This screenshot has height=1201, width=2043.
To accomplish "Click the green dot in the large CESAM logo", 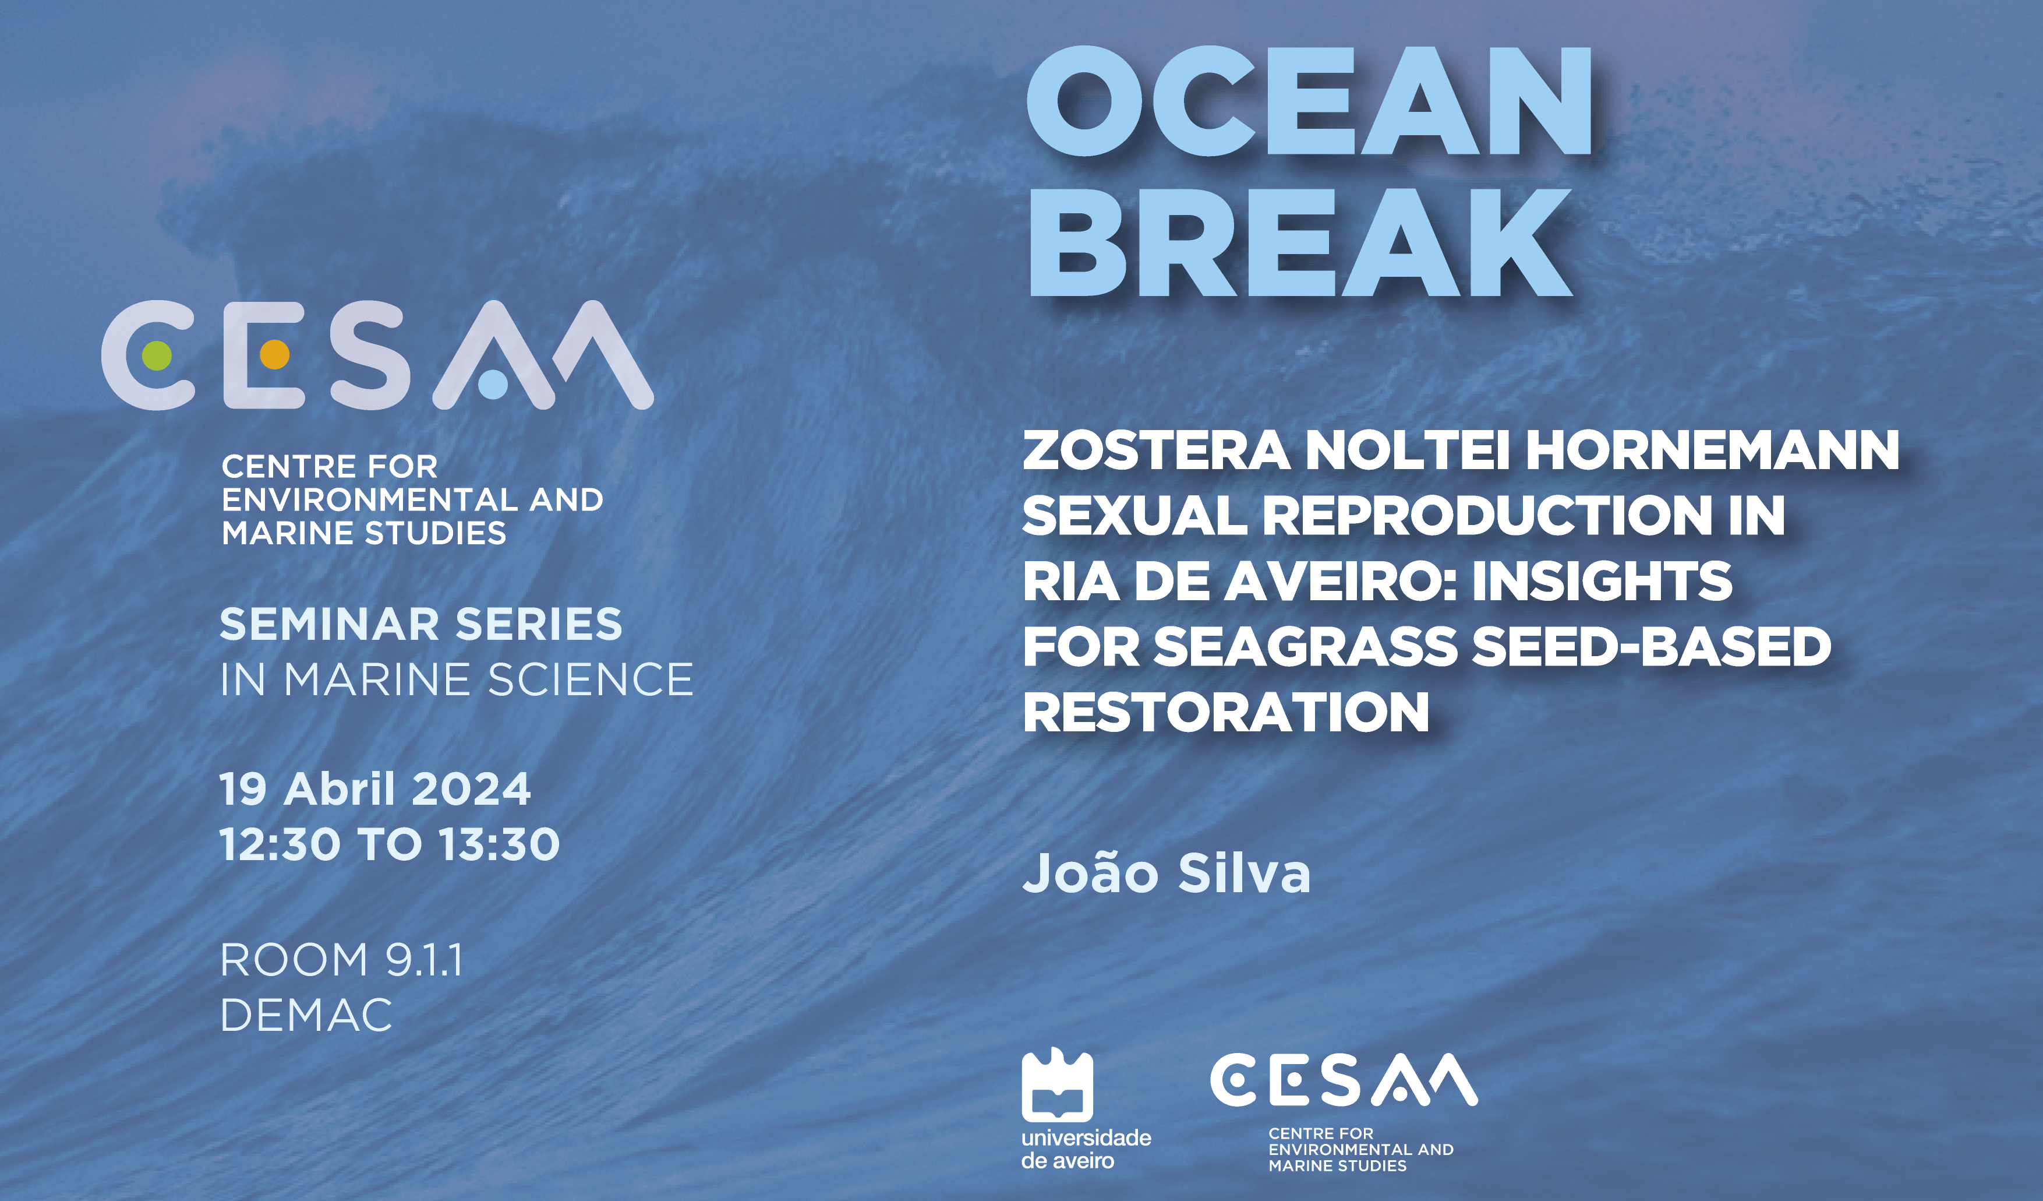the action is (157, 355).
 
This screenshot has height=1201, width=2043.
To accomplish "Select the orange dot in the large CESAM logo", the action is (275, 354).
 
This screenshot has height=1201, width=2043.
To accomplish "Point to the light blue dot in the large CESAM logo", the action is (493, 385).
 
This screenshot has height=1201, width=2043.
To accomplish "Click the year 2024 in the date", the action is (471, 789).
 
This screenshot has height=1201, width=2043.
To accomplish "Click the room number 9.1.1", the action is (424, 960).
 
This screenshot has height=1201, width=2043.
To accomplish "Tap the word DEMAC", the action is (306, 1015).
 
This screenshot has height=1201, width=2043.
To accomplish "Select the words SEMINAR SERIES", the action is (420, 625).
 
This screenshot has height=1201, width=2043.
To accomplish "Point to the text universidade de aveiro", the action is (1086, 1149).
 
